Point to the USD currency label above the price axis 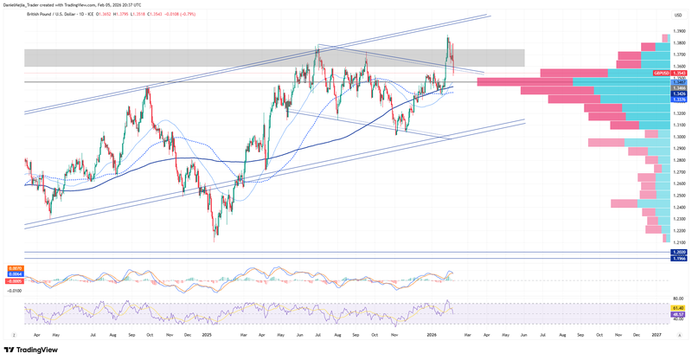679,15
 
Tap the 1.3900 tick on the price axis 679,30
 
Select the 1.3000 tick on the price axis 679,137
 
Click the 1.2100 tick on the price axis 679,243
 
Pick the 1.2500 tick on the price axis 679,196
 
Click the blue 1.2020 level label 678,252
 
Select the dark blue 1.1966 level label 678,258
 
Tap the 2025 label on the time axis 207,332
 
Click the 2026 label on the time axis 431,332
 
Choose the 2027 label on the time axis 656,332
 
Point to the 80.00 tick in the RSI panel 679,300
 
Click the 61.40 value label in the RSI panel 679,307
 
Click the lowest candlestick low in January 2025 214,241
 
